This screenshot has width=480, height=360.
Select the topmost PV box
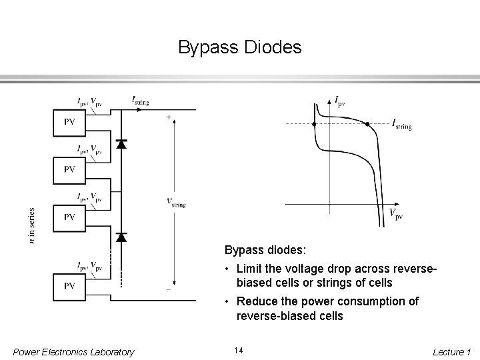coord(69,122)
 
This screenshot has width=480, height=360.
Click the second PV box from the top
coord(69,169)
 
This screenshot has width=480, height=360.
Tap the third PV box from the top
coord(69,217)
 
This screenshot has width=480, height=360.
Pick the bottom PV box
coord(69,285)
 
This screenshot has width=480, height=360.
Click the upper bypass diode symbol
coord(121,143)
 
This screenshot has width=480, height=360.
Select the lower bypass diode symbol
coord(121,236)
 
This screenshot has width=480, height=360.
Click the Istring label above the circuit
coord(141,101)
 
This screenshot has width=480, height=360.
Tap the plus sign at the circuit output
coord(169,117)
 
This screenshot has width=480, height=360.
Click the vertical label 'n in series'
coord(33,225)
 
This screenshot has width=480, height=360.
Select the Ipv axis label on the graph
coord(339,102)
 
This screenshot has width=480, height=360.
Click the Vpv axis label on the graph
coord(395,213)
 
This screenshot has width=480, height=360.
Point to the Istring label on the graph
coord(401,125)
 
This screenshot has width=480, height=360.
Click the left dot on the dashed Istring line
coord(313,123)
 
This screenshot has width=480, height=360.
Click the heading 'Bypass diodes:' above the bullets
coord(265,251)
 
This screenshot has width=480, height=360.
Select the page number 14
coord(239,351)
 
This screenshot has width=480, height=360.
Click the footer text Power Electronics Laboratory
coord(73,351)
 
